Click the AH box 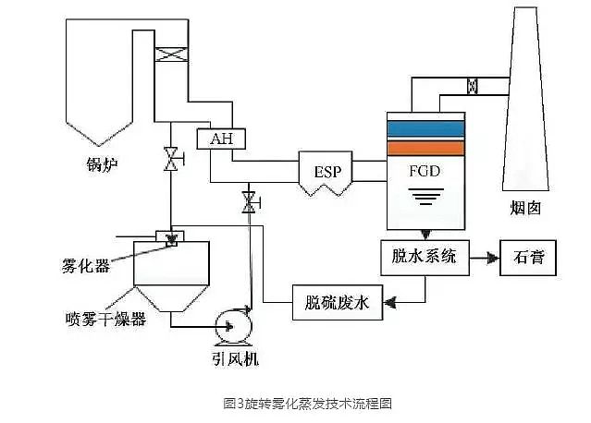(220, 139)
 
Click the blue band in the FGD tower (425, 128)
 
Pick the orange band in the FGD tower (425, 147)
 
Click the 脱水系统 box (425, 258)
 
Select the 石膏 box (528, 258)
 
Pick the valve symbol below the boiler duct (170, 158)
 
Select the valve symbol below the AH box (248, 202)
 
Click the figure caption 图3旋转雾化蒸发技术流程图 (295, 403)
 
